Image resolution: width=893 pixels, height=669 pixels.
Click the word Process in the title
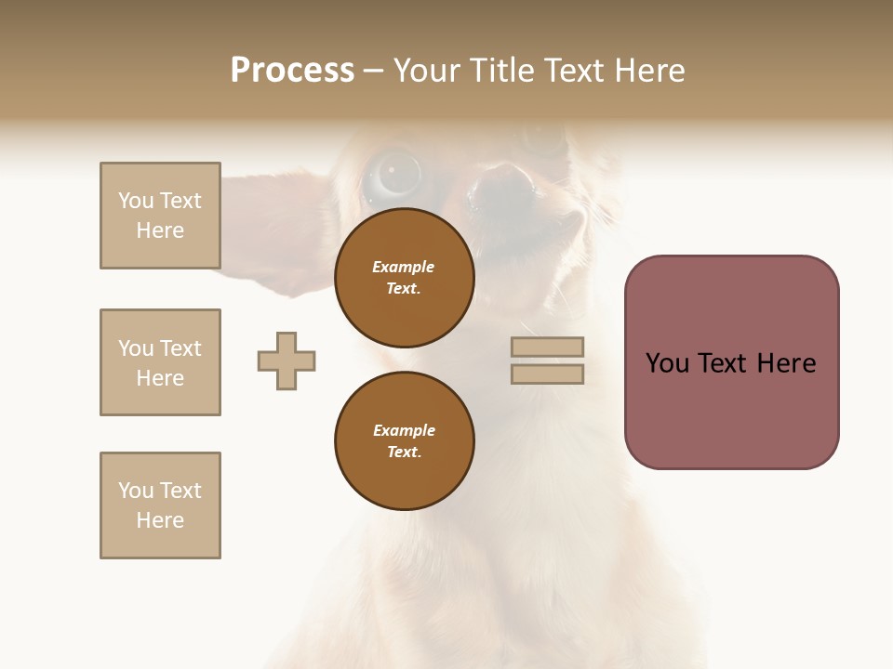coord(292,71)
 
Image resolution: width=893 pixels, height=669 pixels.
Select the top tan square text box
coord(160,216)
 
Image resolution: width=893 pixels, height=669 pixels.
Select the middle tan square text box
coord(160,362)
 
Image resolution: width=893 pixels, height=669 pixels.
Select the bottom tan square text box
coord(160,505)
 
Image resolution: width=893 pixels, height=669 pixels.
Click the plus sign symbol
coord(287,361)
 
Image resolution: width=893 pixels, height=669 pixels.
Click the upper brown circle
coord(404,278)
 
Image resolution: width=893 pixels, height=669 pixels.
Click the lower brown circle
coord(404,441)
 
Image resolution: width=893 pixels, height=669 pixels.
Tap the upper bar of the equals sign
coord(548,347)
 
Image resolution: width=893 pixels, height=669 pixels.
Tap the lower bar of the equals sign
coord(548,374)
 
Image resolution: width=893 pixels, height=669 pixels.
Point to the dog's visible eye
coord(390,173)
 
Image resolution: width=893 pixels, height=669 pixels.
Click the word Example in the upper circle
coord(404,267)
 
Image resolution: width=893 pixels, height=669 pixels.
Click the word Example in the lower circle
coord(404,430)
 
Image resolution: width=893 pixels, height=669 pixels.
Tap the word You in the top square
coord(136,201)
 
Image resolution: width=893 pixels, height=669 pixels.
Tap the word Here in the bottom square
coord(160,520)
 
